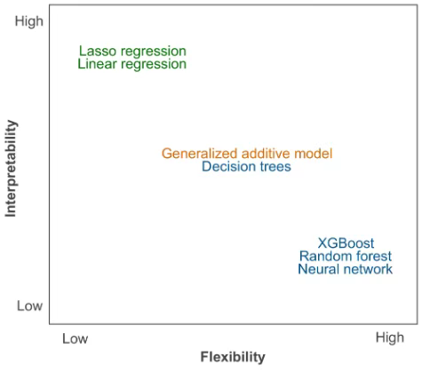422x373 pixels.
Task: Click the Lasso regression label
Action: pos(132,52)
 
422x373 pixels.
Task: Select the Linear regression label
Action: pos(132,64)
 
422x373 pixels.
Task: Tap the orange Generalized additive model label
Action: pos(247,154)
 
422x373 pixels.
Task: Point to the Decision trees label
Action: pos(246,166)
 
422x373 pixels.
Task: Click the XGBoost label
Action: pos(346,243)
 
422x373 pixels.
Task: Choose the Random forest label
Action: pos(346,256)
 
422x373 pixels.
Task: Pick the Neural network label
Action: pos(346,269)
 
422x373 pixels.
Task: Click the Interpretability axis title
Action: pos(11,168)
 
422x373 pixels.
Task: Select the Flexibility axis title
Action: pos(233,357)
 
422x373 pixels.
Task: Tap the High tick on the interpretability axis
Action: pos(29,22)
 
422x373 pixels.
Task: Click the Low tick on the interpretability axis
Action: pos(29,306)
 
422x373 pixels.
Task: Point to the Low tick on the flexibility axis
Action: pos(75,339)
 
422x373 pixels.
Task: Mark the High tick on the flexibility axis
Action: pos(390,338)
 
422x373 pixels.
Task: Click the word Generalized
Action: pos(200,154)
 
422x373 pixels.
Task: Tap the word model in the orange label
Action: pos(314,154)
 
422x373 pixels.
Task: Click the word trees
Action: pos(275,167)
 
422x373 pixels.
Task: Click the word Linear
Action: pos(97,64)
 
